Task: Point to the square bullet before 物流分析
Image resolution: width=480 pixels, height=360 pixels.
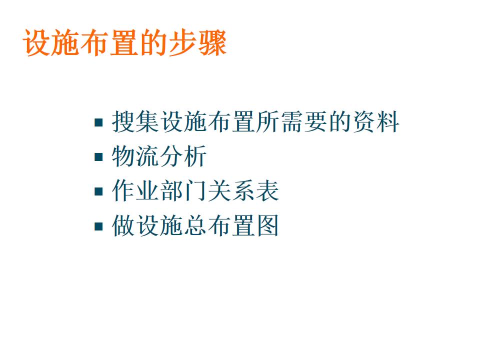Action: tap(98, 157)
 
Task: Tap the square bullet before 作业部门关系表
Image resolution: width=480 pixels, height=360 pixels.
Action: tap(98, 191)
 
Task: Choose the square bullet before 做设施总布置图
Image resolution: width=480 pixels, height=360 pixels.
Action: tap(98, 226)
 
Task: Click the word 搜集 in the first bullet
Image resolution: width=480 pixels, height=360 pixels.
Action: tap(135, 121)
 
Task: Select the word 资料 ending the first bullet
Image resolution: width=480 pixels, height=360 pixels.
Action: tap(375, 121)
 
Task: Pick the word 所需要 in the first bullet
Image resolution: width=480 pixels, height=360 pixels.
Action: tap(291, 121)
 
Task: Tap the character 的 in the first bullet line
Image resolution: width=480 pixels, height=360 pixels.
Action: tap(339, 121)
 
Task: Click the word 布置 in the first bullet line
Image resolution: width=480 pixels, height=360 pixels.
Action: tap(231, 121)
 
